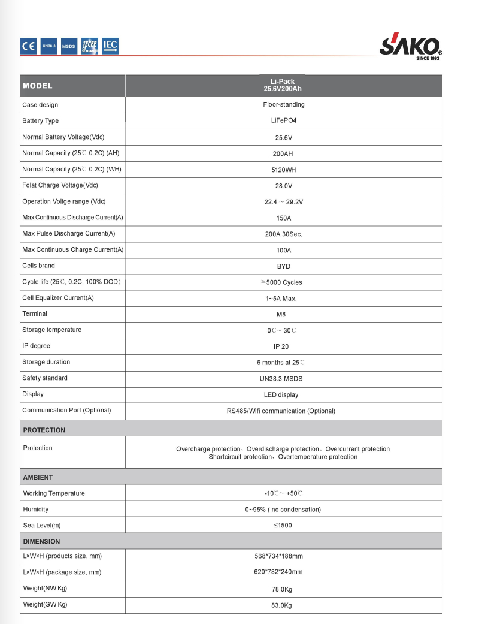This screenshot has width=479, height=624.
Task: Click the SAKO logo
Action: [x=410, y=46]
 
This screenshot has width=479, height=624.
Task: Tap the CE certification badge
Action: [x=29, y=46]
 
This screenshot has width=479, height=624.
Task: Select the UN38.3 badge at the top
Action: [x=49, y=46]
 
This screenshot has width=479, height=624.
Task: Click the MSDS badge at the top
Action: [x=69, y=46]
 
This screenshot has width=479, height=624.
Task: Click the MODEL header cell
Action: [x=38, y=86]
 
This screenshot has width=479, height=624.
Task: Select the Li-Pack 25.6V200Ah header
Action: [x=283, y=85]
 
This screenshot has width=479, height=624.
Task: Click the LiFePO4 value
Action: [x=283, y=121]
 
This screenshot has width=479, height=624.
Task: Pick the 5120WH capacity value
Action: [x=283, y=170]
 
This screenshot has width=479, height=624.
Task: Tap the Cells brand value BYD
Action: [x=283, y=266]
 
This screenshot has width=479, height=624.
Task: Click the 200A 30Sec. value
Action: [x=283, y=234]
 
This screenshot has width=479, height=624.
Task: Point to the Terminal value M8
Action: [x=283, y=314]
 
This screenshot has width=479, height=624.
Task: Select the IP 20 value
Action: [x=283, y=346]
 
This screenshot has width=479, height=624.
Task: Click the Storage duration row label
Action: [x=46, y=362]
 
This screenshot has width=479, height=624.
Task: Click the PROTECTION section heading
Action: [x=44, y=430]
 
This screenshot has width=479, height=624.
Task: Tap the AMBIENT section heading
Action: [x=38, y=477]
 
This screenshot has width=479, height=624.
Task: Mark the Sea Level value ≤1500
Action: [x=283, y=526]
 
